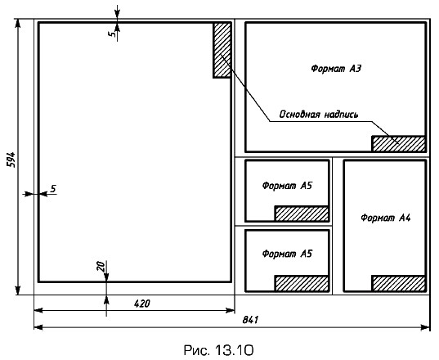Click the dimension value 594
11,160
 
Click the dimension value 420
142,304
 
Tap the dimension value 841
250,320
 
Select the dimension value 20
101,266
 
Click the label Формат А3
336,69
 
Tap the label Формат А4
386,218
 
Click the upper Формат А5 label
287,186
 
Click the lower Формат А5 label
287,254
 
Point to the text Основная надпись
319,115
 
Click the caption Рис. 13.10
218,350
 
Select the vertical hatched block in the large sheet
222,50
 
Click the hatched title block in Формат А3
399,144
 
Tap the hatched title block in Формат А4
399,284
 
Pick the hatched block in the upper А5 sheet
302,214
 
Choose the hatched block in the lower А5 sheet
302,284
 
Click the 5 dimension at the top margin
112,34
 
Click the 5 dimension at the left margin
53,188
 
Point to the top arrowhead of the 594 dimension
18,24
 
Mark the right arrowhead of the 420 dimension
231,310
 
